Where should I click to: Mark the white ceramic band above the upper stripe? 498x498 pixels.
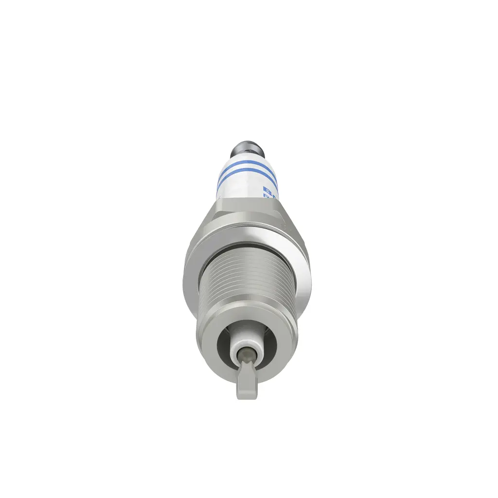pyautogui.click(x=248, y=159)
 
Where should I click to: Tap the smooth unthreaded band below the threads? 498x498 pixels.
pyautogui.click(x=248, y=314)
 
